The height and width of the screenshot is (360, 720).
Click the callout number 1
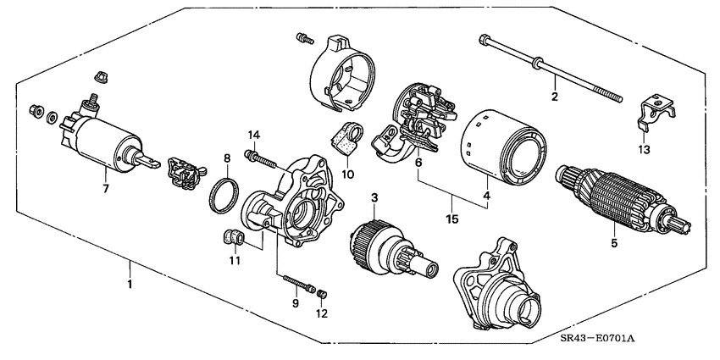tap(130, 285)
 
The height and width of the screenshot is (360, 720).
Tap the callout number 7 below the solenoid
tap(105, 188)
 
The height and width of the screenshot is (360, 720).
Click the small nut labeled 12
tap(322, 294)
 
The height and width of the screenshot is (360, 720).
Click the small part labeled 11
tap(230, 236)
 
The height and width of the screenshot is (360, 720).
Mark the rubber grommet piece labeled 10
tap(346, 139)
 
